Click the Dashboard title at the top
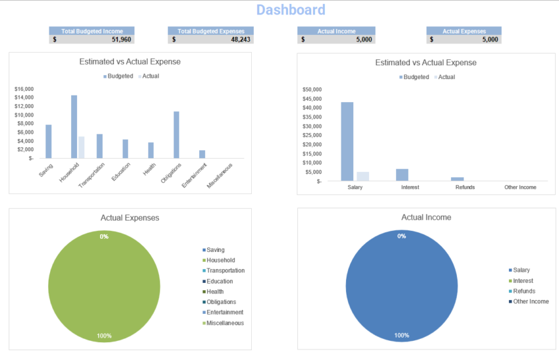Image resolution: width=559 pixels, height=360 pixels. point(290,10)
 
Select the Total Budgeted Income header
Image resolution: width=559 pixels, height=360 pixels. point(91,31)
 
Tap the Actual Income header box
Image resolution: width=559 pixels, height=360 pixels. point(336,31)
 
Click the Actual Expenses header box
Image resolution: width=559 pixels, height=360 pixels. point(464,31)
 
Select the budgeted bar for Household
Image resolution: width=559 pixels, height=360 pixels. point(74,126)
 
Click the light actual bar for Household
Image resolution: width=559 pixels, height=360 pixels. point(82,147)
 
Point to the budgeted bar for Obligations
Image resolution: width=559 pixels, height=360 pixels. point(176,134)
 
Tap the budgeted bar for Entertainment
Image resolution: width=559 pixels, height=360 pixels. point(202,154)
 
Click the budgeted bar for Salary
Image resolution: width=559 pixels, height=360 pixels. point(347,141)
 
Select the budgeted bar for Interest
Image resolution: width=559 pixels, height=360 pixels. point(402,174)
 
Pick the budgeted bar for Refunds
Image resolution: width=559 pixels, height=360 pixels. point(457,178)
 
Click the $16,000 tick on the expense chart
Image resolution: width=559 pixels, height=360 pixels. point(24,89)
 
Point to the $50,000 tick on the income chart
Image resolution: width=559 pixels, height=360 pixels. point(312,90)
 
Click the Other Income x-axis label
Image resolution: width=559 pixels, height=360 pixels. point(520,188)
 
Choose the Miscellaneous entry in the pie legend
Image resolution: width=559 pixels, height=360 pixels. point(225,323)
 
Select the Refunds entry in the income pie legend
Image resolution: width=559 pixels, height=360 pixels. point(523,291)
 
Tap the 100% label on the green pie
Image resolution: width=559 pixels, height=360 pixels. point(104,336)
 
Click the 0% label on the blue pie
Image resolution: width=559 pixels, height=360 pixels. point(401,236)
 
